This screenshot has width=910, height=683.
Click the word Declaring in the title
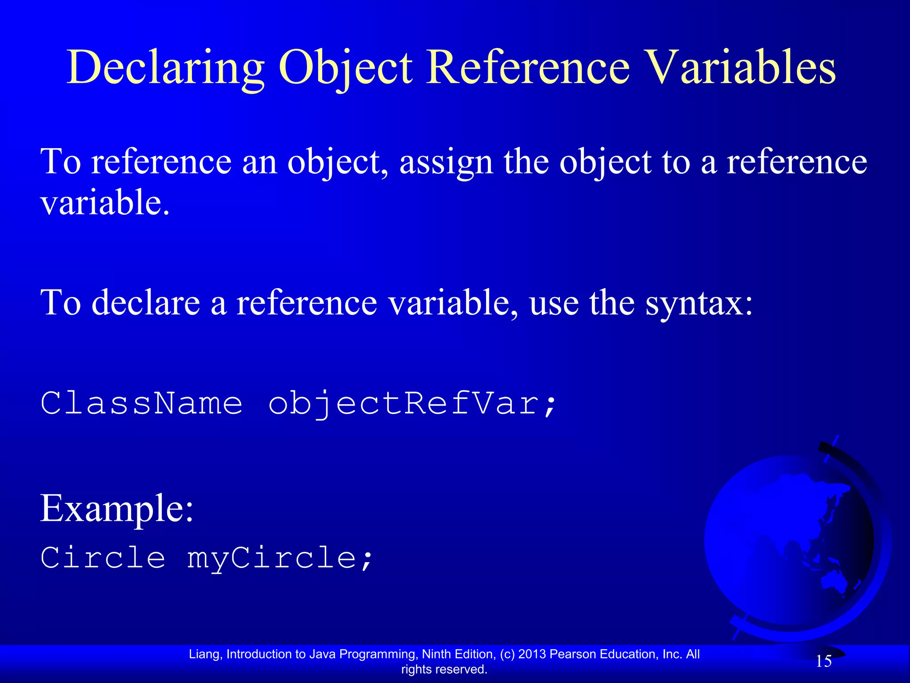pyautogui.click(x=165, y=68)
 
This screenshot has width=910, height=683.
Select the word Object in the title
pyautogui.click(x=346, y=68)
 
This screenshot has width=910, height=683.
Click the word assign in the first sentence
pyautogui.click(x=446, y=162)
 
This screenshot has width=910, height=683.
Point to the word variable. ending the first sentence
pyautogui.click(x=105, y=203)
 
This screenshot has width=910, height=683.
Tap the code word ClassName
pyautogui.click(x=141, y=403)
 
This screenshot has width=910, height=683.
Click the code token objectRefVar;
pyautogui.click(x=412, y=404)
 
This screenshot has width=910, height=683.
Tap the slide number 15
pyautogui.click(x=823, y=661)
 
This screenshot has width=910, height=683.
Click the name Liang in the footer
pyautogui.click(x=204, y=654)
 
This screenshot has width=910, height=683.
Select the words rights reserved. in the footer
pyautogui.click(x=444, y=669)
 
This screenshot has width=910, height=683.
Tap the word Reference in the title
pyautogui.click(x=528, y=68)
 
